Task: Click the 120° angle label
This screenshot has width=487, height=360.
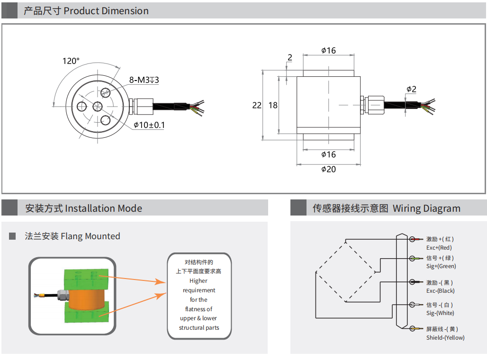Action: coord(71,61)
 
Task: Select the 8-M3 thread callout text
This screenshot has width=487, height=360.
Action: coord(144,80)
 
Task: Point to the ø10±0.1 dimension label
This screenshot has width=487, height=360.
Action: coord(149,125)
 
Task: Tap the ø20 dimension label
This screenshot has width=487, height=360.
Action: coord(328,169)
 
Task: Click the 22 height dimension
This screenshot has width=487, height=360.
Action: coord(257,105)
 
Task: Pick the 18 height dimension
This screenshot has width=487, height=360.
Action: coord(273,105)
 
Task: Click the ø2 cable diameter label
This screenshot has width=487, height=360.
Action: coord(411,90)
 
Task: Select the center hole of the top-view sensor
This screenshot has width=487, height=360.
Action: coord(98,106)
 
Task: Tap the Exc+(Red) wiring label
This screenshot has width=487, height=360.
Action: coord(439,248)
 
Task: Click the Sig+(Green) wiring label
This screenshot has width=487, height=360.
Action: coord(441,266)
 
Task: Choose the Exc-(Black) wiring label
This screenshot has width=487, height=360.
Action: coord(441,291)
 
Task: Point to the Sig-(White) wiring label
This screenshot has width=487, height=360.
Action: coord(440,313)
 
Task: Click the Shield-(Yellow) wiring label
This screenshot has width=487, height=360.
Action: coord(445,338)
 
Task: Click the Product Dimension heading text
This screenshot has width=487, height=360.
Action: coord(106,11)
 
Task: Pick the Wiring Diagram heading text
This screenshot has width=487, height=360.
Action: coord(426,208)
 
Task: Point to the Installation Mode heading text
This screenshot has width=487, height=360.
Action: coord(103,208)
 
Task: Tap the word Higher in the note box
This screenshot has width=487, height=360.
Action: coord(199,281)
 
